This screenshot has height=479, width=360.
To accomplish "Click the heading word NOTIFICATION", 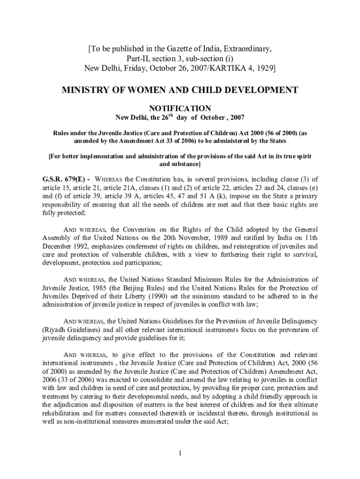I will (x=180, y=108).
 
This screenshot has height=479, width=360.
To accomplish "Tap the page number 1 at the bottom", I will (x=180, y=453).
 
